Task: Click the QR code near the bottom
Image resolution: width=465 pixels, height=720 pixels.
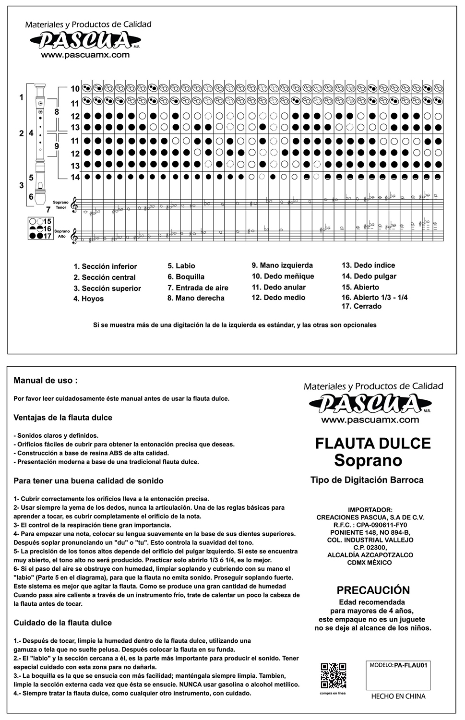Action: tap(333, 675)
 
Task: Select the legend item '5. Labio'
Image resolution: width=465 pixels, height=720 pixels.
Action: tap(181, 266)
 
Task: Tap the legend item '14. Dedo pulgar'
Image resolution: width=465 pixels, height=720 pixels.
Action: tap(369, 276)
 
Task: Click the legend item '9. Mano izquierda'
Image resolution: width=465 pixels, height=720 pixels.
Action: tap(282, 265)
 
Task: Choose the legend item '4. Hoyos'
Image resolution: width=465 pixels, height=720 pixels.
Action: tap(89, 299)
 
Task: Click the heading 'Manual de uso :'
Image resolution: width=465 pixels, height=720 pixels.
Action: tap(46, 381)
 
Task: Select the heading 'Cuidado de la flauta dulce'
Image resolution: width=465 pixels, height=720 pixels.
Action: tap(62, 623)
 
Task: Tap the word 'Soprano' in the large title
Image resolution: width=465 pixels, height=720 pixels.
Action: tap(368, 460)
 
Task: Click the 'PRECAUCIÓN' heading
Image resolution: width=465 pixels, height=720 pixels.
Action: tap(373, 590)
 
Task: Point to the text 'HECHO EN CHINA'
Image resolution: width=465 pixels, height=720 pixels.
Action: tap(398, 696)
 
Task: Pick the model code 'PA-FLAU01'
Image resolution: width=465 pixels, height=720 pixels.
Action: tap(410, 665)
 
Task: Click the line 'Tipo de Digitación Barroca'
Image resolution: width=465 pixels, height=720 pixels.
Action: tap(367, 480)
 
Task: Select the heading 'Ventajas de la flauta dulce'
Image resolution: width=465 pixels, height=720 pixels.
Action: tap(63, 418)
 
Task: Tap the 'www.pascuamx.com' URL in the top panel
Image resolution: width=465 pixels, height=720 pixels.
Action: tap(85, 55)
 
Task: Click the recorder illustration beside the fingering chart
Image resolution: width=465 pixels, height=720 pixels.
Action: tap(41, 144)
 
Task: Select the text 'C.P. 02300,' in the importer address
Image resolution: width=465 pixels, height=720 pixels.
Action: tap(370, 548)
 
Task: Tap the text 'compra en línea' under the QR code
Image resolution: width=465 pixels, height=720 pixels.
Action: tap(333, 693)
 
